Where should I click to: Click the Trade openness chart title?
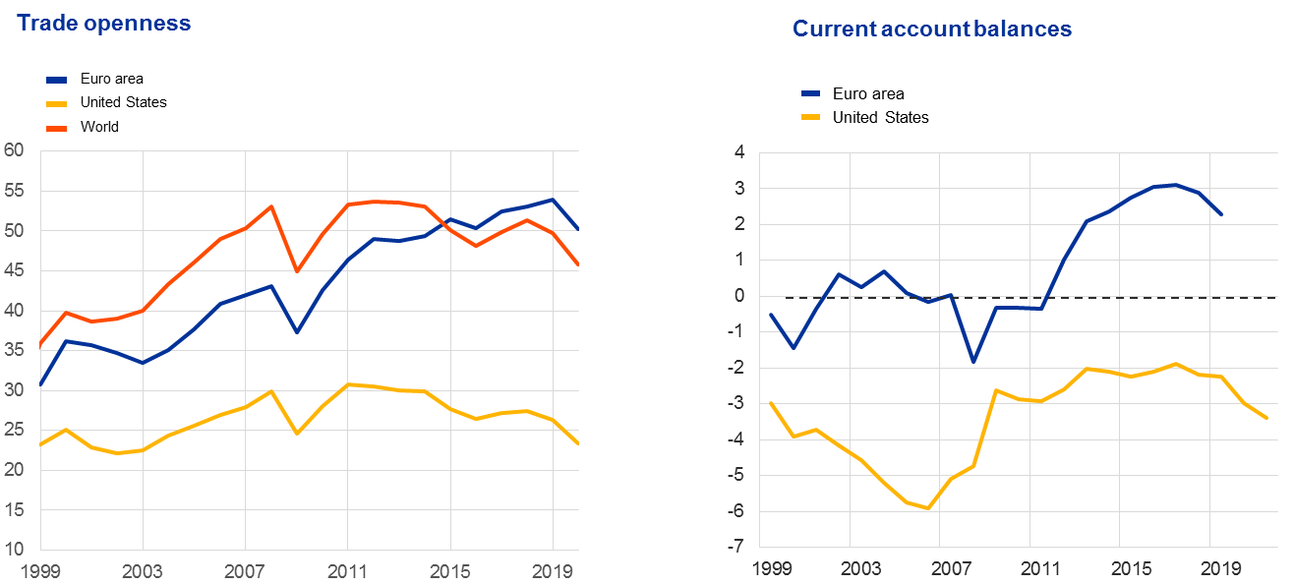pyautogui.click(x=103, y=24)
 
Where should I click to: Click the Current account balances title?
pyautogui.click(x=931, y=29)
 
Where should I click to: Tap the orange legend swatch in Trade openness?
pyautogui.click(x=57, y=129)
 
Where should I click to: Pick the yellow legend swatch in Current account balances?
pyautogui.click(x=811, y=117)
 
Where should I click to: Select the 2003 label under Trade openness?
pyautogui.click(x=143, y=569)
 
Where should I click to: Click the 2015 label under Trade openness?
pyautogui.click(x=449, y=569)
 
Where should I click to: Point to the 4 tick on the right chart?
pyautogui.click(x=737, y=152)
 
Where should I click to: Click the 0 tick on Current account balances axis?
pyautogui.click(x=737, y=296)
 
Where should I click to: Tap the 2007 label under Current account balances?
pyautogui.click(x=950, y=569)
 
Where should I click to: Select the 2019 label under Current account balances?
pyautogui.click(x=1218, y=569)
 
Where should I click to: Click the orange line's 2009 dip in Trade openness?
pyautogui.click(x=296, y=270)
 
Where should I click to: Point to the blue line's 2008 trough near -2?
pyautogui.click(x=972, y=362)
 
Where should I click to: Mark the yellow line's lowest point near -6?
pyautogui.click(x=926, y=508)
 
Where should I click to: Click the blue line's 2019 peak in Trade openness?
pyautogui.click(x=553, y=199)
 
